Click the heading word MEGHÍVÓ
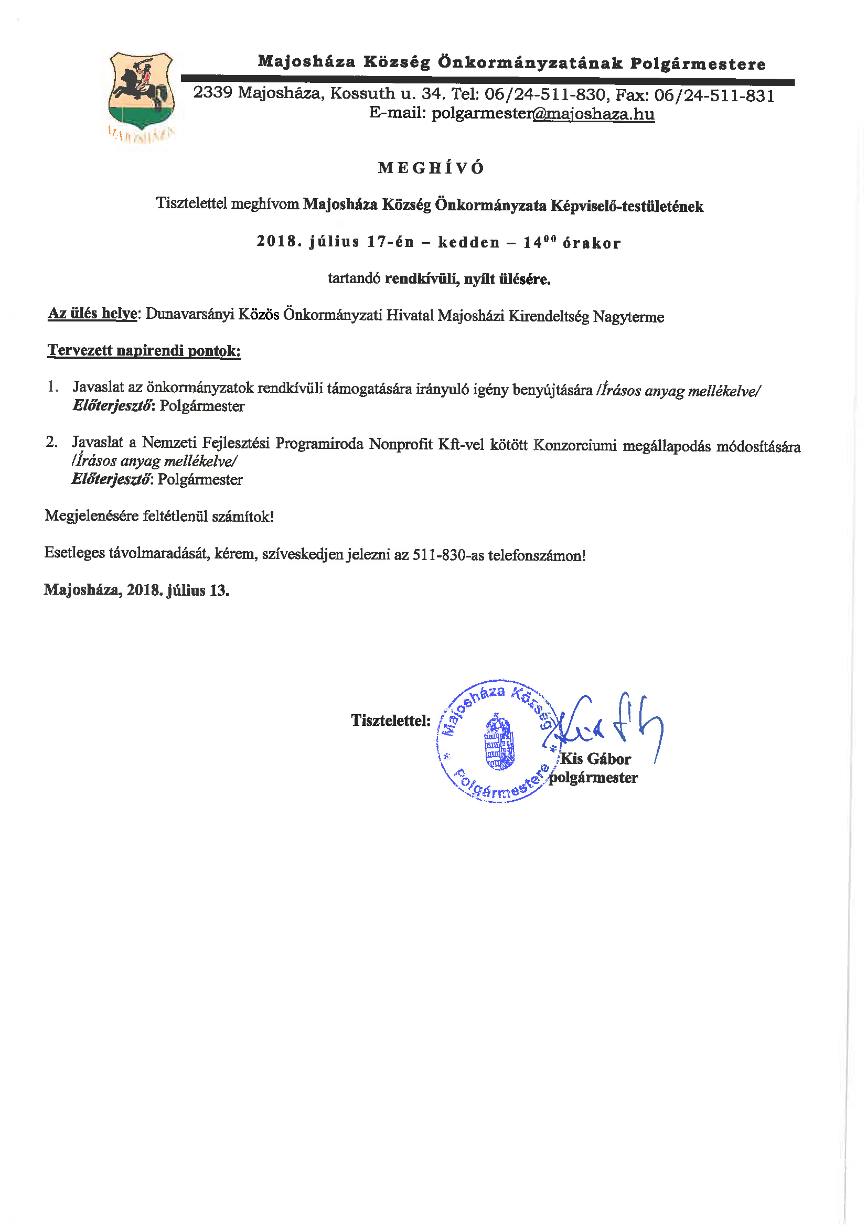[431, 168]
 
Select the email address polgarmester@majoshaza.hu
[543, 114]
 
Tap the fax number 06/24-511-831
[714, 95]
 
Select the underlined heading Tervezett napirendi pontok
[144, 351]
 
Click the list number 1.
[52, 387]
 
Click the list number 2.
[51, 442]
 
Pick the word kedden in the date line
[469, 242]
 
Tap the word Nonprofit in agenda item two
[400, 444]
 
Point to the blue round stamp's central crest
[499, 742]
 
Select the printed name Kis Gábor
[595, 759]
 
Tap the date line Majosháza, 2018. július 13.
[137, 590]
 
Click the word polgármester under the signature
[594, 777]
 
